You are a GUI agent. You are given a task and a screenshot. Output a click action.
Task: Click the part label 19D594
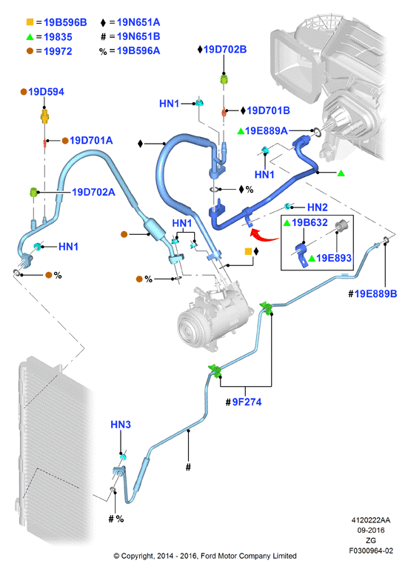pyautogui.click(x=46, y=92)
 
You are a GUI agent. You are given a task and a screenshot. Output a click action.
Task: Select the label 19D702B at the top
pyautogui.click(x=225, y=49)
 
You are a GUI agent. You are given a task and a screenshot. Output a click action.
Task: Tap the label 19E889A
pyautogui.click(x=266, y=130)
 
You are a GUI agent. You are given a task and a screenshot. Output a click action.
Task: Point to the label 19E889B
pyautogui.click(x=375, y=293)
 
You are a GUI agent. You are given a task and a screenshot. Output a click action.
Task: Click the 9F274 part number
pyautogui.click(x=247, y=402)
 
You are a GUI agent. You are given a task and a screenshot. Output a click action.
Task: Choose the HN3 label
pyautogui.click(x=121, y=425)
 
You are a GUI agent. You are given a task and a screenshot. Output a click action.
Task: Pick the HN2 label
pyautogui.click(x=318, y=207)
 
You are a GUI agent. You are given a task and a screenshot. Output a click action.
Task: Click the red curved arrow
pyautogui.click(x=264, y=236)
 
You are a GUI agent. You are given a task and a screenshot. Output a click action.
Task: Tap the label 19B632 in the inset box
pyautogui.click(x=310, y=222)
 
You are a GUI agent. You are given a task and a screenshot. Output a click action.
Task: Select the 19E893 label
pyautogui.click(x=334, y=258)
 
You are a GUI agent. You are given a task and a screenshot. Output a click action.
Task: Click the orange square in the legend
pyautogui.click(x=30, y=22)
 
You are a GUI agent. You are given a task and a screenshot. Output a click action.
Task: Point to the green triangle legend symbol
pyautogui.click(x=30, y=37)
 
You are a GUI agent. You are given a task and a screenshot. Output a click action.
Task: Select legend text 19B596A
pyautogui.click(x=138, y=50)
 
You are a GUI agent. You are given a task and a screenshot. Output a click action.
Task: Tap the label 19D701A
pyautogui.click(x=91, y=141)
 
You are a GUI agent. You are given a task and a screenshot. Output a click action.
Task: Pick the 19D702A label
pyautogui.click(x=94, y=192)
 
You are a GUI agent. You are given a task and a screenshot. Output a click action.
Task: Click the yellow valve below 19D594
pyautogui.click(x=44, y=116)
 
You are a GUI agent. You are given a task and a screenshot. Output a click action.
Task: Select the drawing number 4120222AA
pyautogui.click(x=370, y=520)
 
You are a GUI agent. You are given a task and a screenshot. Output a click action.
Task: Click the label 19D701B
pyautogui.click(x=268, y=110)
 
